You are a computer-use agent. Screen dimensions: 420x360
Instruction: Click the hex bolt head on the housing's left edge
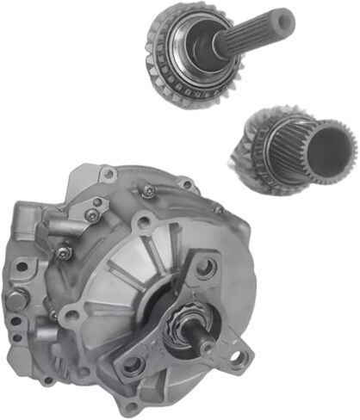point(14,301)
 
